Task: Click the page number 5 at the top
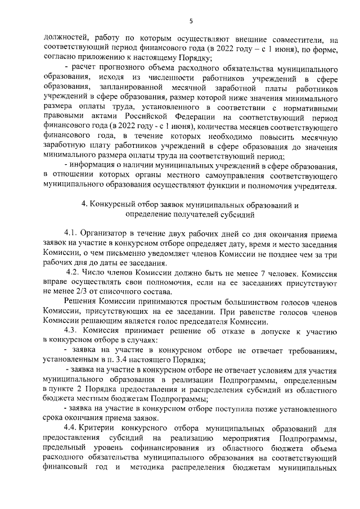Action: (191, 21)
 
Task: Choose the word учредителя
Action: (316, 186)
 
